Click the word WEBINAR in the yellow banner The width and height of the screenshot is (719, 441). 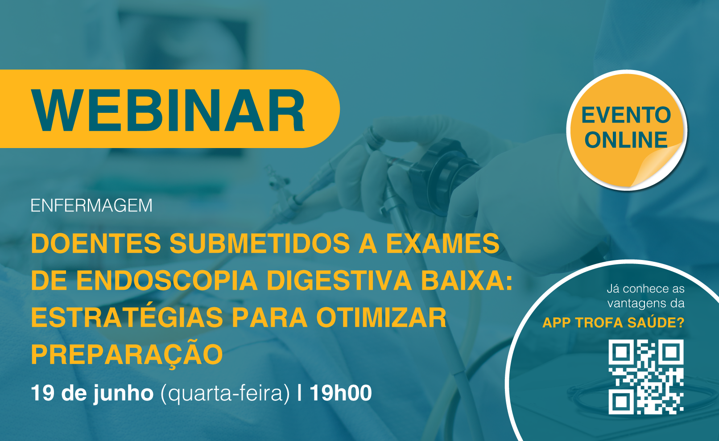pos(168,110)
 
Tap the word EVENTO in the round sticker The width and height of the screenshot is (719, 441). pos(626,115)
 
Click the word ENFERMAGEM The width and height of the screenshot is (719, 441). pos(91,206)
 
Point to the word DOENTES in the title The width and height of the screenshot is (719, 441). pos(96,243)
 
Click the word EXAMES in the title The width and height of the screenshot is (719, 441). pos(443,243)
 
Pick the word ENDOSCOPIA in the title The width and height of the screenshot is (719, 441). pos(167,280)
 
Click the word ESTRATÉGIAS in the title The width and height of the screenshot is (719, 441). pos(127,317)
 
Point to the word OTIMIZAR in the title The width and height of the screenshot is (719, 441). pos(381,317)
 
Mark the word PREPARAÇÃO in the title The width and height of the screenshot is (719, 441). pos(127,354)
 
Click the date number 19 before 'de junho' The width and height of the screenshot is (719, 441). pos(43,393)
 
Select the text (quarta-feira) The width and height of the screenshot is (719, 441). pos(225,394)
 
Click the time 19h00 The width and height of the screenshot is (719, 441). pos(341,393)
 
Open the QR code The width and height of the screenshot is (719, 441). pos(646,377)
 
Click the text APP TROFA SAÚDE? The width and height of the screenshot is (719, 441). pos(613,322)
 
